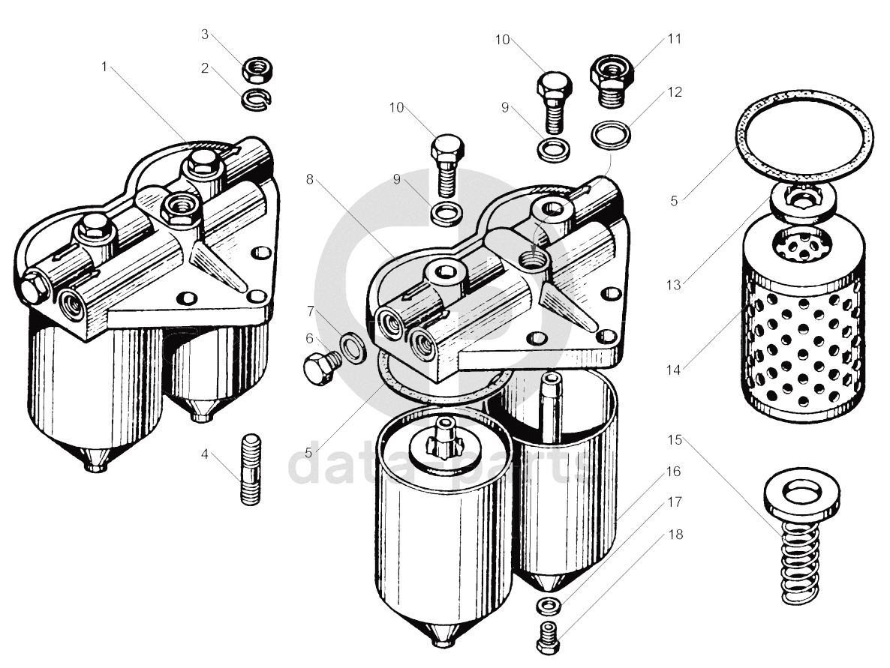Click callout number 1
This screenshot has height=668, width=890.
coord(105,66)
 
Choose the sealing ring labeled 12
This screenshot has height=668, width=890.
coord(612,135)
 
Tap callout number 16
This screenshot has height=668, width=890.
coord(672,472)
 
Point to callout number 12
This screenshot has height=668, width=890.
coord(674,92)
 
